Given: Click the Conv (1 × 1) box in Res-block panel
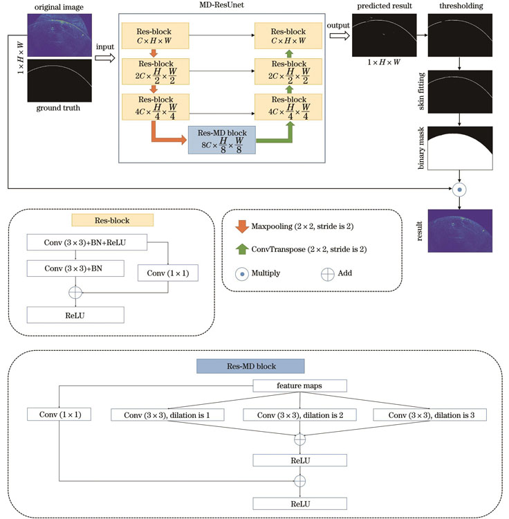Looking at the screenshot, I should click(167, 273).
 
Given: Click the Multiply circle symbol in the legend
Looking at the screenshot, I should click(242, 273).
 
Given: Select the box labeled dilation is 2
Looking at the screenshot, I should click(300, 414).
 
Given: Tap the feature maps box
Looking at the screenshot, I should click(299, 385).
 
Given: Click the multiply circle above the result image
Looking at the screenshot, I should click(459, 188).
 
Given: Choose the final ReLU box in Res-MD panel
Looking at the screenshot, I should click(299, 503).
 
